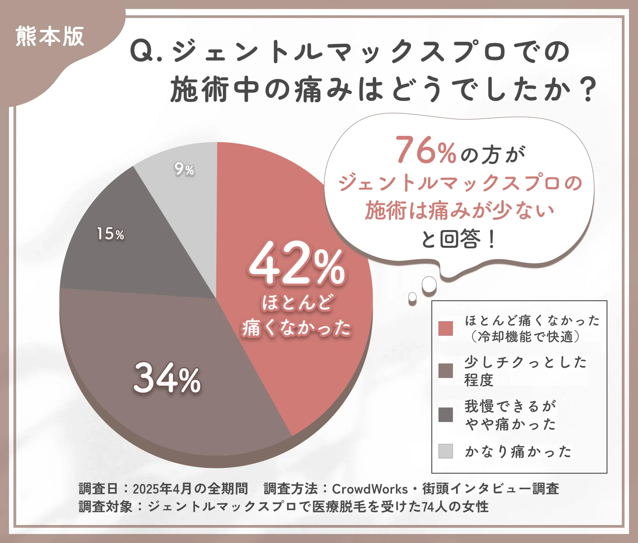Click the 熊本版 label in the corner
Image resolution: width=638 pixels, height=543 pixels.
click(50, 37)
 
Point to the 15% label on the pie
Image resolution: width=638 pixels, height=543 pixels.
click(110, 234)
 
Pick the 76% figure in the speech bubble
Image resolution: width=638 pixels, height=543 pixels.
click(425, 150)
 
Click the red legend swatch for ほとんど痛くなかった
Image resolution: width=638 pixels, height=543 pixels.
click(445, 328)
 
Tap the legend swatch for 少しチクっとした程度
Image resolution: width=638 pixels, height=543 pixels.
click(445, 371)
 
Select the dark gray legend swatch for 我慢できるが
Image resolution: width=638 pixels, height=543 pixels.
click(445, 415)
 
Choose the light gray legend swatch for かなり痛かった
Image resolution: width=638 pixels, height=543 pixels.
click(445, 451)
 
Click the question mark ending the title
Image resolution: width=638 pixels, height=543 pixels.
click(588, 90)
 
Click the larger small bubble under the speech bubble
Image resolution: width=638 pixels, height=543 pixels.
click(429, 284)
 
